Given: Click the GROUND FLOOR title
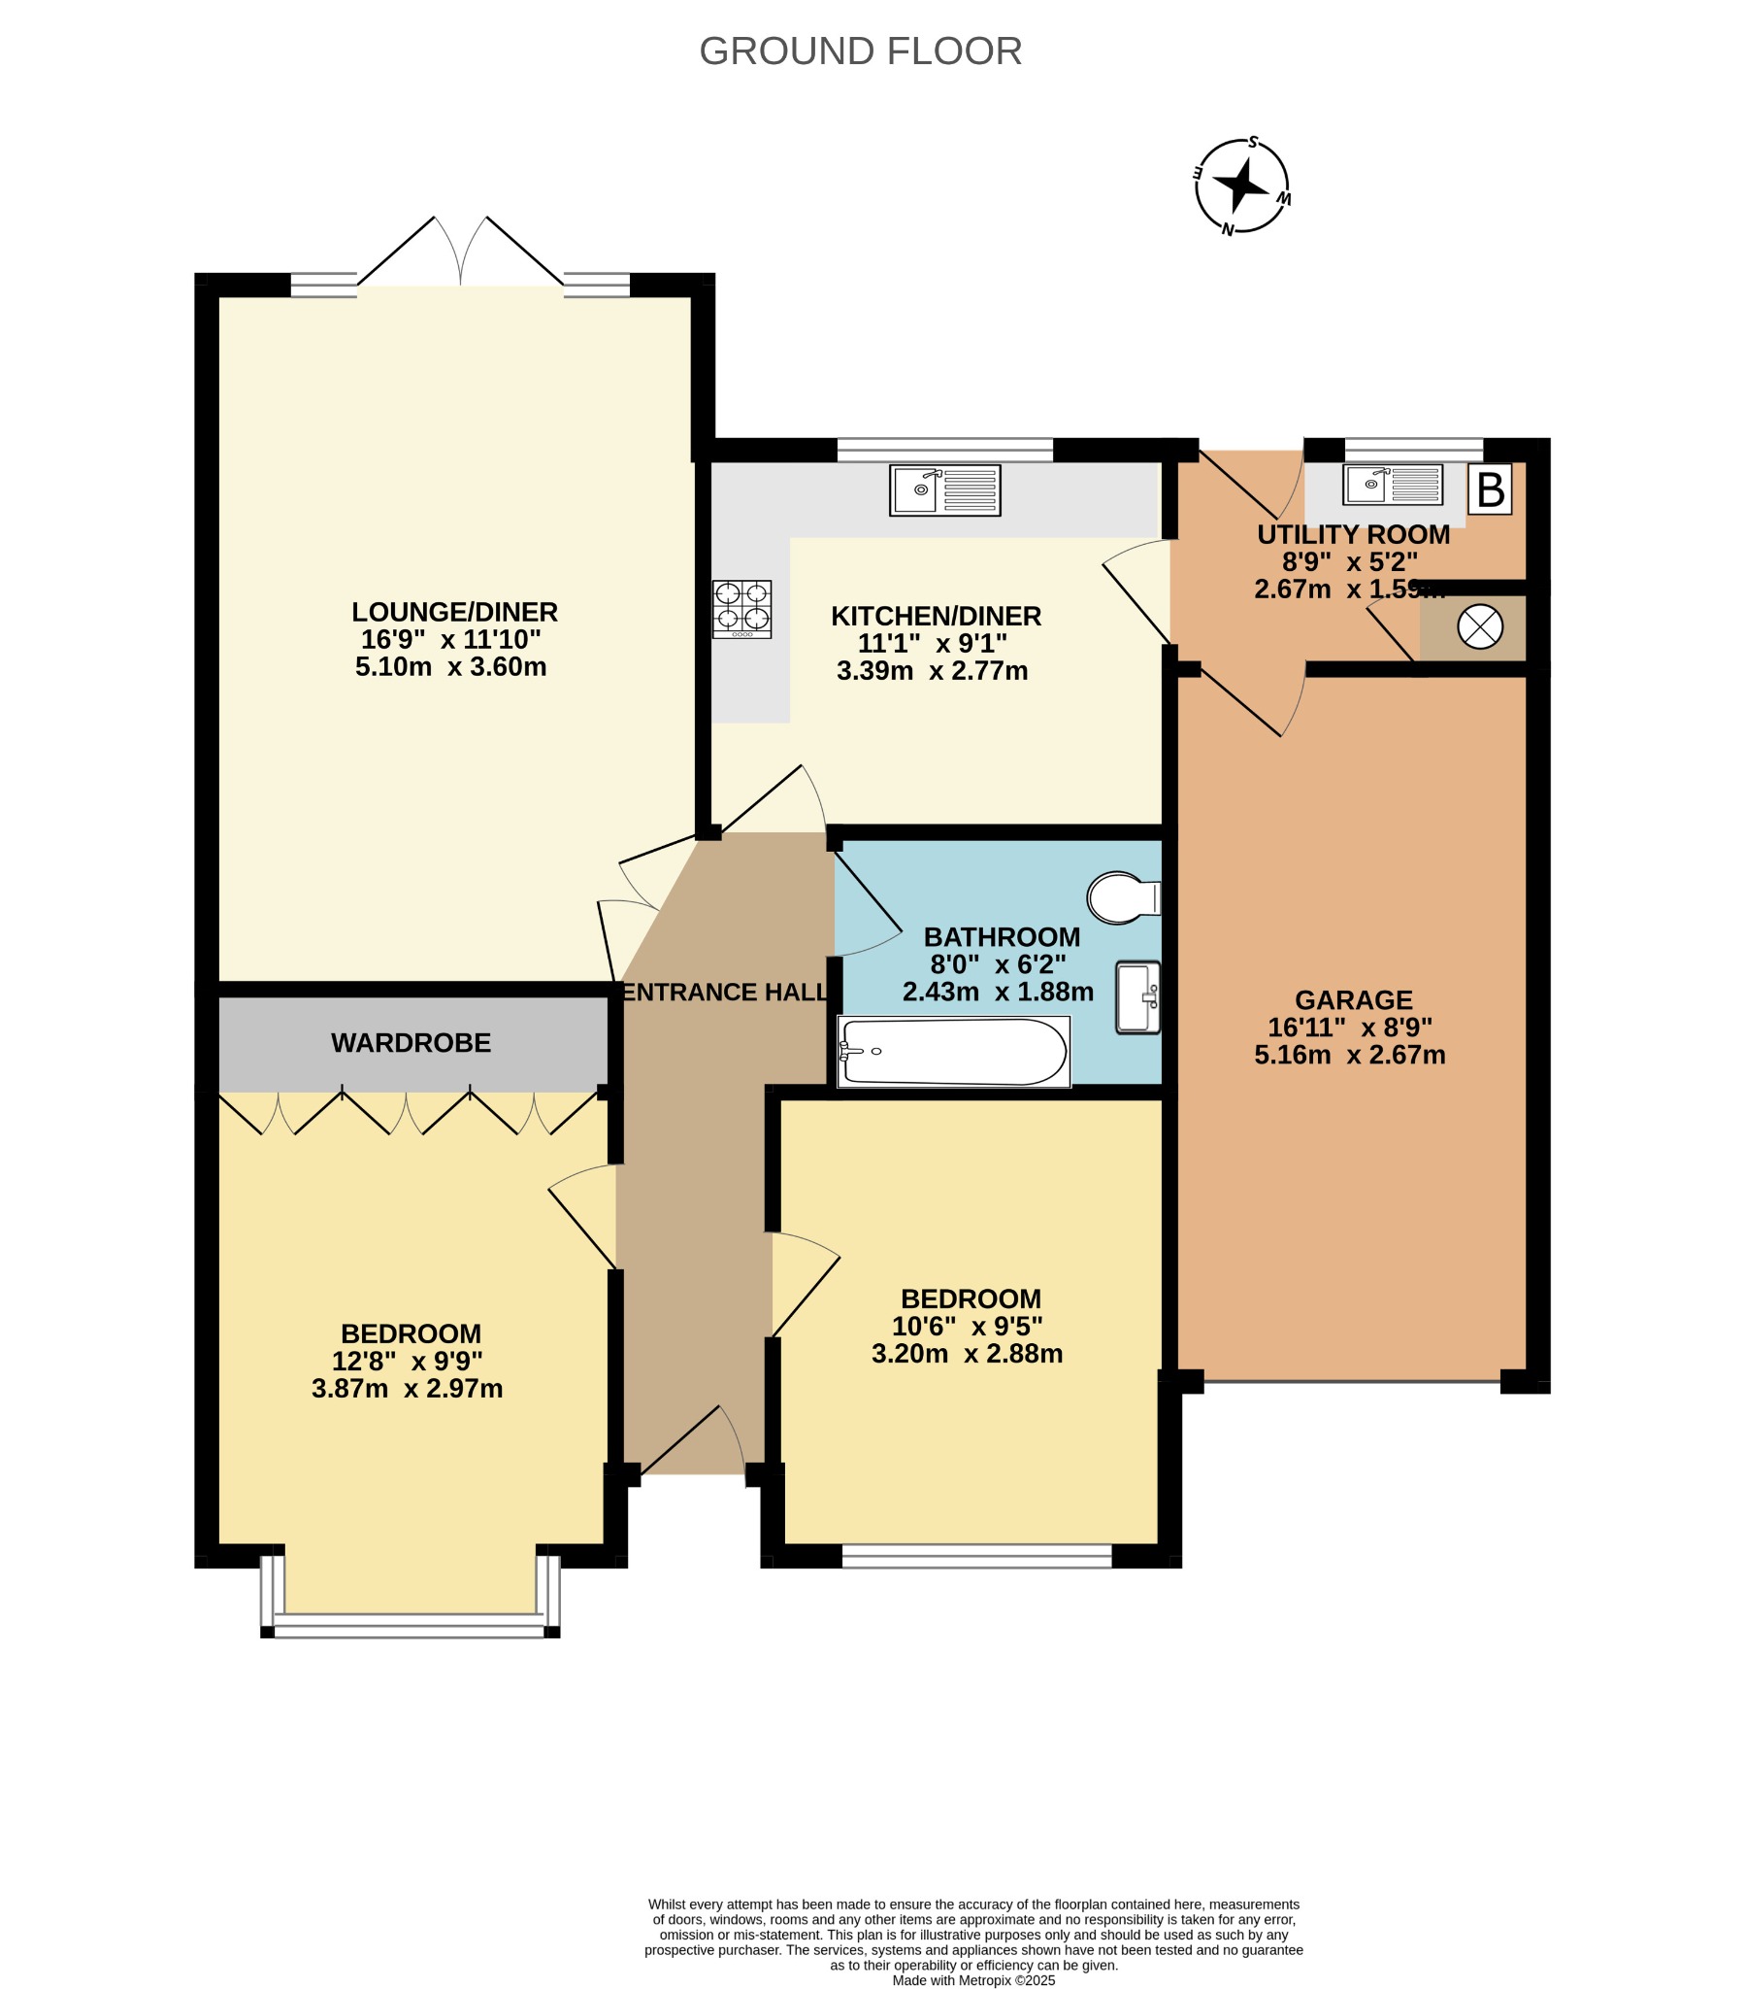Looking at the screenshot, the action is click(x=860, y=51).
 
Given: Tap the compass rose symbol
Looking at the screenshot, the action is click(x=1242, y=185).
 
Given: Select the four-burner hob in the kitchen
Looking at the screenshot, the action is click(x=742, y=609).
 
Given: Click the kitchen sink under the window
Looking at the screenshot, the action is click(x=944, y=490).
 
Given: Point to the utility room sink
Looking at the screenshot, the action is click(x=1392, y=485).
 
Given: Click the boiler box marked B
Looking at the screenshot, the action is click(x=1490, y=489).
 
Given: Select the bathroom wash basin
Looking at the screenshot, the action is click(x=1138, y=997).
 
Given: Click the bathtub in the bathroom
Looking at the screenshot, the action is click(x=953, y=1051).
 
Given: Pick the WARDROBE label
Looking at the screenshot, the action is click(x=411, y=1043).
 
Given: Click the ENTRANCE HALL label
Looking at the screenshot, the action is click(x=725, y=992).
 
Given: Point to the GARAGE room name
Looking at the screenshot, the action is click(x=1353, y=999).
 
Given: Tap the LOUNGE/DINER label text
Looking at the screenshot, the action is click(x=454, y=612).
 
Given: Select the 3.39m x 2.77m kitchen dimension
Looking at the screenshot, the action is click(x=932, y=670).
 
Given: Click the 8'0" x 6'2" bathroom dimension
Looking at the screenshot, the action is click(x=998, y=964).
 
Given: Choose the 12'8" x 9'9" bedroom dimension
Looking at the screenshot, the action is click(x=407, y=1361).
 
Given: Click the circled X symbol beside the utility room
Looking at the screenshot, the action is click(x=1479, y=626).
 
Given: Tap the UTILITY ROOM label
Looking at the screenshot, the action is click(x=1353, y=534).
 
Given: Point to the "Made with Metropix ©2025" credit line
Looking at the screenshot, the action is click(x=973, y=1980).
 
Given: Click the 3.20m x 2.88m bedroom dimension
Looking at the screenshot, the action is click(x=967, y=1354).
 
